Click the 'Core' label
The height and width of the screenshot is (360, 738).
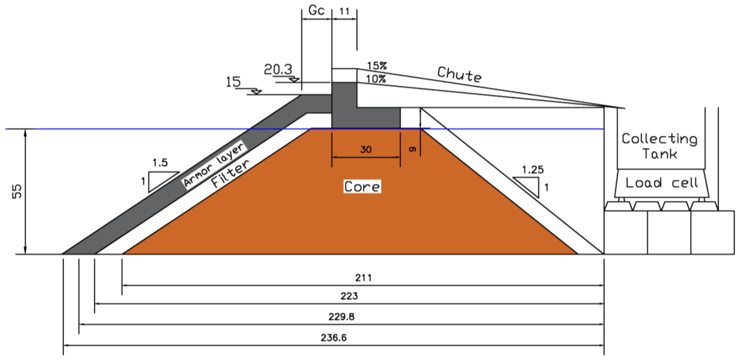(362, 187)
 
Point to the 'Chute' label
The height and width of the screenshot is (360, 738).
(459, 74)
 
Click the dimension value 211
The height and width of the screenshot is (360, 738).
(363, 278)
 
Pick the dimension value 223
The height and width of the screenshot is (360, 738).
(349, 296)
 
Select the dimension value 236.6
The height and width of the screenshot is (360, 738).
(333, 338)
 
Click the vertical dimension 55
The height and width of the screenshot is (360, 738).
(17, 191)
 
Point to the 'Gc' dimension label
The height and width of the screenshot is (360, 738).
(316, 11)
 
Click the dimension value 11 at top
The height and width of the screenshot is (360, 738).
(344, 12)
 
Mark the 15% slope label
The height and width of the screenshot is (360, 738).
(377, 66)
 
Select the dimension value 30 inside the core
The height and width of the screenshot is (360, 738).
(366, 149)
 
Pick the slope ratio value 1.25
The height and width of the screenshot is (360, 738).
(533, 170)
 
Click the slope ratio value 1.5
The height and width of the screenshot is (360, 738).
(160, 163)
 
